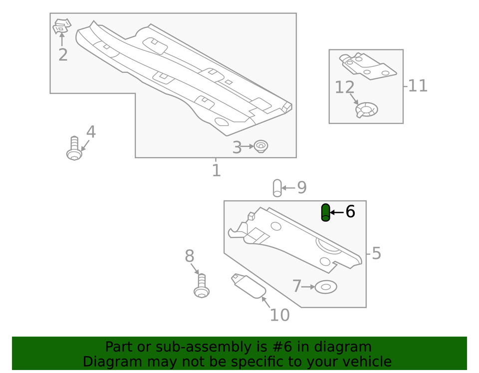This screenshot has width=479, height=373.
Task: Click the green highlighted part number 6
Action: [325, 213]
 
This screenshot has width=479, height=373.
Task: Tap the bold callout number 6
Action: [350, 212]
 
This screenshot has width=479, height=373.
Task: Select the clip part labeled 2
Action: [62, 26]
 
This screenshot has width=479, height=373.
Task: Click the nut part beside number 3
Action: [261, 146]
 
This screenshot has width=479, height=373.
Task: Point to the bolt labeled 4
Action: [74, 149]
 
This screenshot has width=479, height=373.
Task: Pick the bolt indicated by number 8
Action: [202, 286]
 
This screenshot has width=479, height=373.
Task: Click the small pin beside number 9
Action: [277, 188]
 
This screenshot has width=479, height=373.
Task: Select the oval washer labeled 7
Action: [326, 287]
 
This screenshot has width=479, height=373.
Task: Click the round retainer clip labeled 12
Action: [367, 109]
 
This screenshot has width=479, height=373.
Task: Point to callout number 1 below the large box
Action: [216, 170]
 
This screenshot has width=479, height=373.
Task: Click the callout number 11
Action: [418, 86]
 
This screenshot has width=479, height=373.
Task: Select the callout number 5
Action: [376, 253]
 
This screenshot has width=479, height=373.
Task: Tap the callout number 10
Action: [279, 315]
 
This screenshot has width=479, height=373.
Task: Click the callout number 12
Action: [344, 88]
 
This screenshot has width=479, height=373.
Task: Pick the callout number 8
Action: [189, 256]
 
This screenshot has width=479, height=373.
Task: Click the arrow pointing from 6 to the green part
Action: [337, 212]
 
